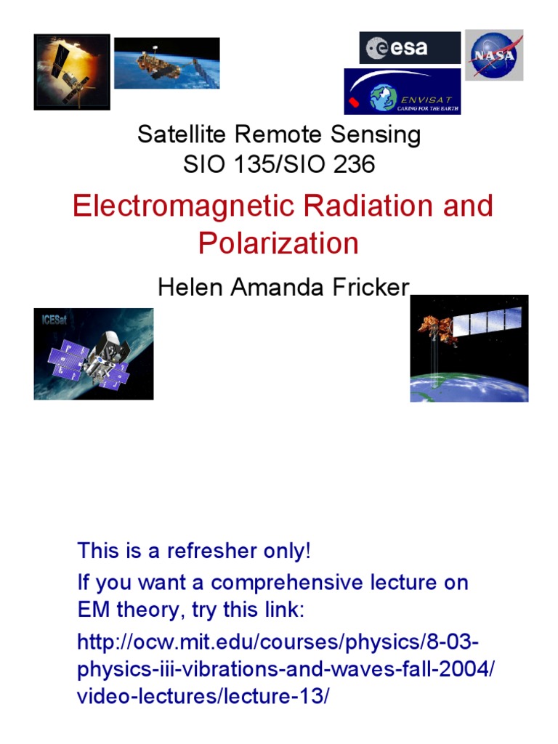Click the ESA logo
tap(409, 48)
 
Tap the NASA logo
tap(494, 55)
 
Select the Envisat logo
tap(402, 92)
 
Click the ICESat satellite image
tap(93, 354)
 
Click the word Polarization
tap(278, 243)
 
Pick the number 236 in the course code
tap(352, 164)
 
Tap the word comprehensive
tap(291, 582)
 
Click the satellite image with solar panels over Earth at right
tap(469, 349)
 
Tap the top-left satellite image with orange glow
tap(72, 72)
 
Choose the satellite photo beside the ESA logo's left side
tap(166, 63)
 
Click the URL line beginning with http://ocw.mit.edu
tap(278, 643)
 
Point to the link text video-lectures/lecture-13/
tap(203, 695)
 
